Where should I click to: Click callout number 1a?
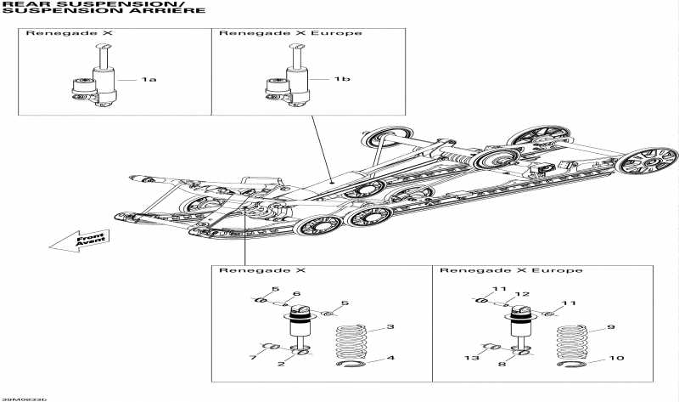pos(149,79)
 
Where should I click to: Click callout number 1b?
pos(341,79)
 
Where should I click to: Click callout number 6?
pos(297,294)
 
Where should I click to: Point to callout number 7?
pos(253,358)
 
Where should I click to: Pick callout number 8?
pos(502,364)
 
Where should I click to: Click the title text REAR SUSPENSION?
pos(59,4)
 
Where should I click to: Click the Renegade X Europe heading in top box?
pos(290,33)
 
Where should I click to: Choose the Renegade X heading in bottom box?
pos(250,270)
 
